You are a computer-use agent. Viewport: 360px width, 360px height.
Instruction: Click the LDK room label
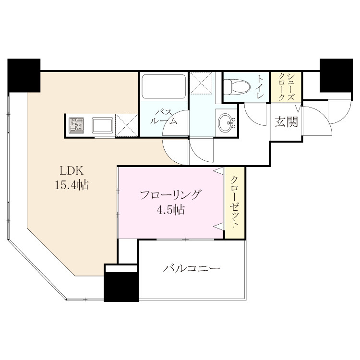coord(72,170)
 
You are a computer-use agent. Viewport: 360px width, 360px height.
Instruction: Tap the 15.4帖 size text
coord(72,185)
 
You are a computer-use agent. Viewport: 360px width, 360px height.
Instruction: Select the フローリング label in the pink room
coord(170,195)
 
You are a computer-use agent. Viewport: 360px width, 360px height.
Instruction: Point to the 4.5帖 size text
coord(170,209)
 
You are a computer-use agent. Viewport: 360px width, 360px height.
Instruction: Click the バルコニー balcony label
coord(192,268)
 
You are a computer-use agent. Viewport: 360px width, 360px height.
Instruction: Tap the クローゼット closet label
coord(234,202)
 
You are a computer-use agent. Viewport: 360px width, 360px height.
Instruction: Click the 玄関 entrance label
coord(286,121)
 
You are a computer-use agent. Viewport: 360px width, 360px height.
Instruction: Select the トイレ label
coord(260,87)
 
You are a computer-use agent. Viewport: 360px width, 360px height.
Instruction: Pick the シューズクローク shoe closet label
coord(286,87)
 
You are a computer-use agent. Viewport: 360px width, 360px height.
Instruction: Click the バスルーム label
coord(164,117)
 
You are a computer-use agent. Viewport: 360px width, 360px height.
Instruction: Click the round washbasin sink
coord(226,123)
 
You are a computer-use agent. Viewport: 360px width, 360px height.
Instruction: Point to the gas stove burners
coord(77,125)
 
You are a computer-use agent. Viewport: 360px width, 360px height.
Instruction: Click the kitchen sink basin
coord(103,125)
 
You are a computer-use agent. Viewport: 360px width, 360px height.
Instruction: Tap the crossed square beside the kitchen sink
coord(127,125)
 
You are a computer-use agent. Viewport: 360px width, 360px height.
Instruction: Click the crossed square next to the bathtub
coord(201,83)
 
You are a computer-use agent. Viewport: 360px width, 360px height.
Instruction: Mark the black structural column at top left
coord(24,76)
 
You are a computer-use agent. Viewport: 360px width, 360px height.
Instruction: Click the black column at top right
coord(336,75)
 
